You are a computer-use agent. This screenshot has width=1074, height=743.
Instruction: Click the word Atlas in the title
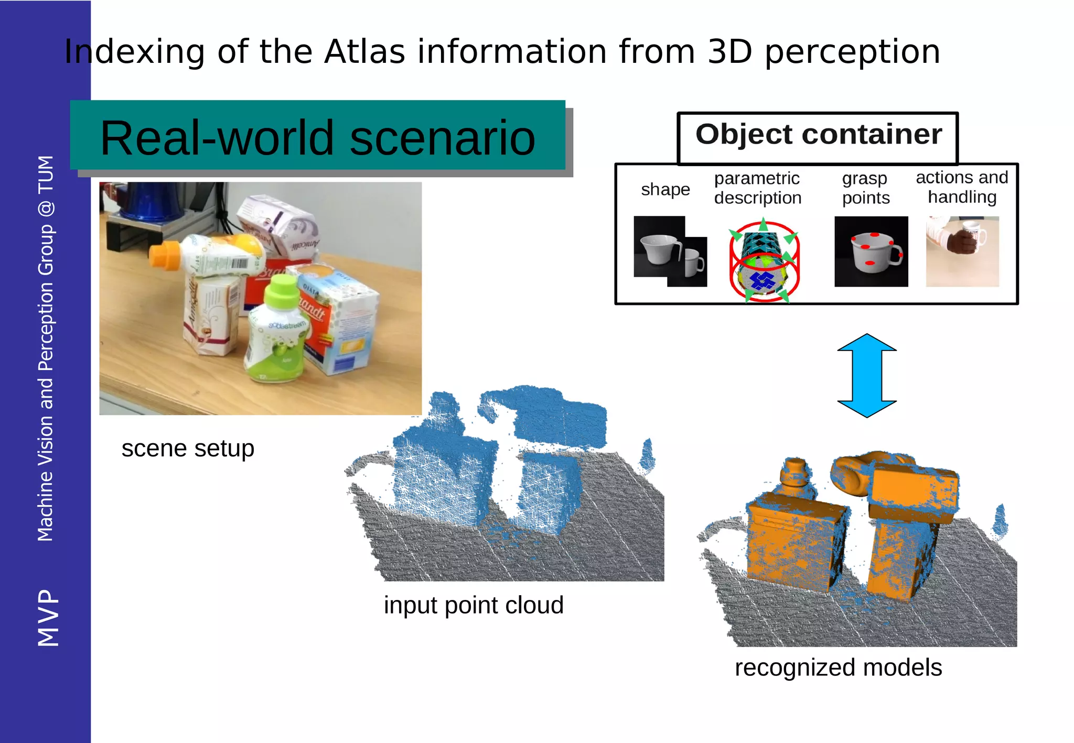tap(364, 52)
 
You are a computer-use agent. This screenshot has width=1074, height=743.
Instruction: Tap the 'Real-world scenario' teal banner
tap(317, 137)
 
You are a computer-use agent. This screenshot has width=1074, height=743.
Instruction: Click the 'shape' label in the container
tap(665, 189)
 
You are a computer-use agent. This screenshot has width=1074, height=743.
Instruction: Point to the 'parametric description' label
tap(757, 188)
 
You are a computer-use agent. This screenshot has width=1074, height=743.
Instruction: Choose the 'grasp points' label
tap(865, 188)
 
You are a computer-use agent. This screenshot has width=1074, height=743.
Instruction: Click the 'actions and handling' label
tap(962, 187)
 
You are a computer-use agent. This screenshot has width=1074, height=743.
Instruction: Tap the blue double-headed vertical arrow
tap(867, 375)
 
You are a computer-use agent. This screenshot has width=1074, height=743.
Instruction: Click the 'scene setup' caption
tap(188, 449)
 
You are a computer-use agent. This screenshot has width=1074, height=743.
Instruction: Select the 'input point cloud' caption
tap(473, 605)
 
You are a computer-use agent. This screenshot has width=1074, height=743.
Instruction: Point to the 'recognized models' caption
tap(838, 668)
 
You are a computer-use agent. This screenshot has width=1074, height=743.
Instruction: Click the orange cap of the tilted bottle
tap(165, 255)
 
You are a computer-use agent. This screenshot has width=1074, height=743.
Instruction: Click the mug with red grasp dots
tap(871, 252)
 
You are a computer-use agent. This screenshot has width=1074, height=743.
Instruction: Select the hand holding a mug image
tap(962, 252)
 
